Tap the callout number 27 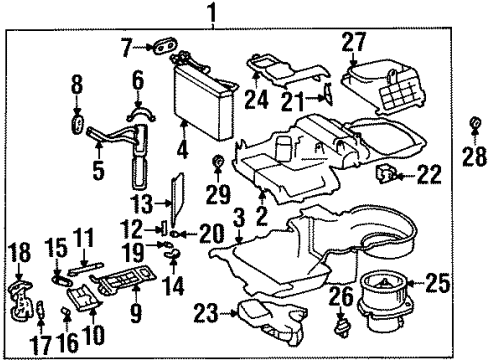354,41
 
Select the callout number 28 474,155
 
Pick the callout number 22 430,176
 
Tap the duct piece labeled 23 270,318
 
